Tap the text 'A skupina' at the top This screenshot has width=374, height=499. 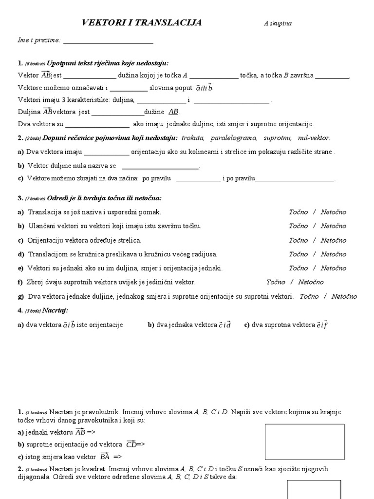point(278,23)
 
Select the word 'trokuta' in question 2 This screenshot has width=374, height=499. point(192,138)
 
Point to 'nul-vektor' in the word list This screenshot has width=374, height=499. point(314,138)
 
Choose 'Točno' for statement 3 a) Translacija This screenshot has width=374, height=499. point(298,212)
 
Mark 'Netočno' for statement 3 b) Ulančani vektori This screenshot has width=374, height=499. point(334,226)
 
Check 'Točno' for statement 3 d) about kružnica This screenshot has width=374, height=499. point(298,254)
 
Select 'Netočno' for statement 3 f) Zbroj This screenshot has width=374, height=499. point(311,282)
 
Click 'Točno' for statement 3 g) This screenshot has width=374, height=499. point(309,296)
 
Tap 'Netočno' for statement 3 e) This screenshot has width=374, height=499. point(334,269)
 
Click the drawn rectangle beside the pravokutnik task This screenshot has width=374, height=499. point(304,442)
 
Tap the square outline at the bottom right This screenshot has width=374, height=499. point(314,489)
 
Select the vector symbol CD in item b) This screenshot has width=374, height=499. point(131,444)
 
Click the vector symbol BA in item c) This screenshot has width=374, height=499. point(105,457)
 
